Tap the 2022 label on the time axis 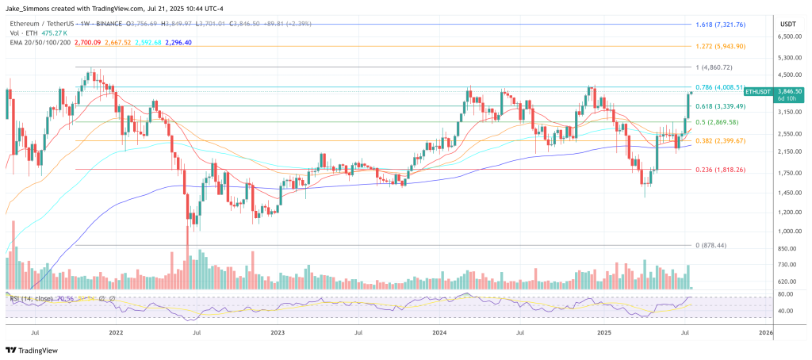115,334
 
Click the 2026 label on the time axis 765,334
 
